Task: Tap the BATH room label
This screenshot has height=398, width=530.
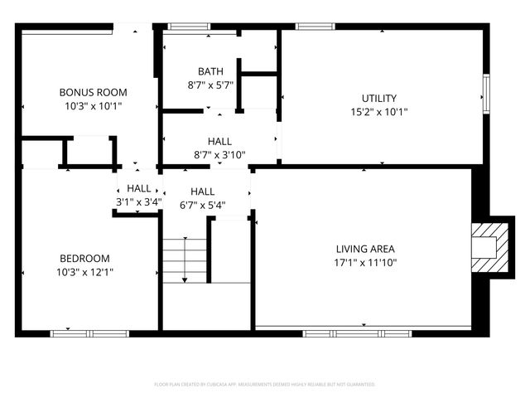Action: [210, 71]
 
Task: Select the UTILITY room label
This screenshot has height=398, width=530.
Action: [379, 98]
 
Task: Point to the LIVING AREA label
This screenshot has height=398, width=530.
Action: [365, 249]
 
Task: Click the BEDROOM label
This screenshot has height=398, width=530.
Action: [83, 258]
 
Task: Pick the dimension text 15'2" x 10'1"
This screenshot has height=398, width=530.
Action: [379, 112]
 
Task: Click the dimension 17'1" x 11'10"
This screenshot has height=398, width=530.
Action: [365, 263]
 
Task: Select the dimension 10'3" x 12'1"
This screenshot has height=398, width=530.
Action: [83, 272]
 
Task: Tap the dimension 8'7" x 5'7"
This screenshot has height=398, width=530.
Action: [210, 85]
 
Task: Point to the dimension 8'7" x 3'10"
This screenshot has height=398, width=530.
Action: [219, 155]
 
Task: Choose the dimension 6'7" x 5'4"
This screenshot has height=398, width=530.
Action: [202, 205]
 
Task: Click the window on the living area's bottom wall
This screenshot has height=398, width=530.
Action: [333, 333]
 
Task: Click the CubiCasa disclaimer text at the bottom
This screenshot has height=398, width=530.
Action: [265, 385]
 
